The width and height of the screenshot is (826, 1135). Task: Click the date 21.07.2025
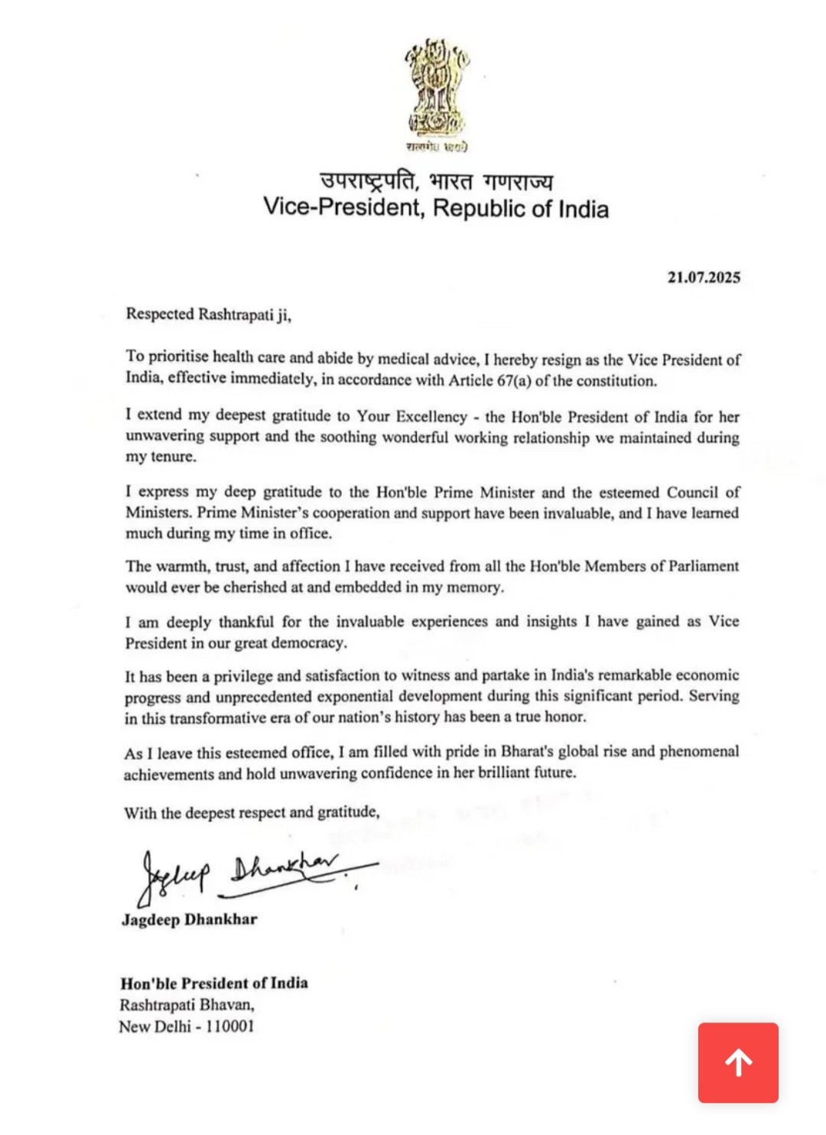pyautogui.click(x=703, y=277)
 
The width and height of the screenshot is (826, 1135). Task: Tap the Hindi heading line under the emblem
pyautogui.click(x=436, y=180)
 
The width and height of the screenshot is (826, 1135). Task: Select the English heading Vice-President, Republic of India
pyautogui.click(x=436, y=208)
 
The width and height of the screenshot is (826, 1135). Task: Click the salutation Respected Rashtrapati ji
pyautogui.click(x=208, y=314)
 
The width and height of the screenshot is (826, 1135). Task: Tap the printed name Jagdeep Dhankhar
pyautogui.click(x=189, y=919)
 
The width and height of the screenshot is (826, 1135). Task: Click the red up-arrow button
pyautogui.click(x=738, y=1062)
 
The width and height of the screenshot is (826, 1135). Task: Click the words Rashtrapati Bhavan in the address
pyautogui.click(x=186, y=1004)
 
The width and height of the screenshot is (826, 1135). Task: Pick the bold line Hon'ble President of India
pyautogui.click(x=213, y=983)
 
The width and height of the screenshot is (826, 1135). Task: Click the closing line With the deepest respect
pyautogui.click(x=251, y=812)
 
